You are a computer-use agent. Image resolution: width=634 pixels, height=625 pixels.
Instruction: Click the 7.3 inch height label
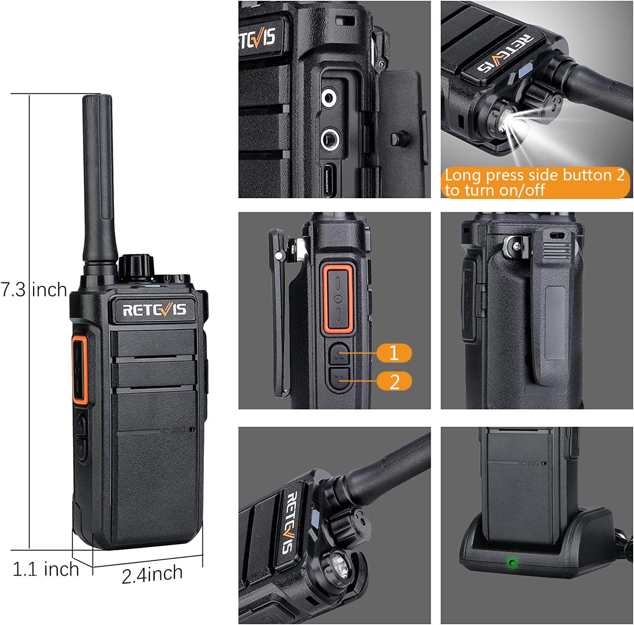pyautogui.click(x=34, y=290)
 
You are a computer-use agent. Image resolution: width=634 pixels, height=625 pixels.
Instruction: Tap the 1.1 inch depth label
pyautogui.click(x=46, y=569)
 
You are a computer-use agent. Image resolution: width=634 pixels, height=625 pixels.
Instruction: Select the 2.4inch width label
pyautogui.click(x=152, y=574)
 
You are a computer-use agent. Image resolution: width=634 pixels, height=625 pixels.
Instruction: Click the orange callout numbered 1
pyautogui.click(x=394, y=353)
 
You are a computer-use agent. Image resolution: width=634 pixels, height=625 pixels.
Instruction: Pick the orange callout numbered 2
pyautogui.click(x=394, y=381)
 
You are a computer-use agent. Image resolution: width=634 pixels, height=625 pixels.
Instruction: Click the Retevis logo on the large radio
pyautogui.click(x=154, y=310)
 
